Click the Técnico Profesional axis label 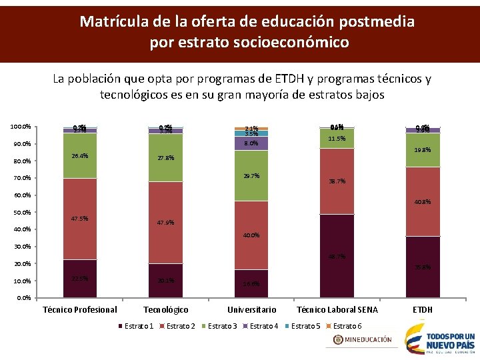point(80,309)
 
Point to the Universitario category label point(251,309)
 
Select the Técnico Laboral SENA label point(337,309)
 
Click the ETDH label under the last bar point(423,309)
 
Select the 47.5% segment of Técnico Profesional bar point(80,219)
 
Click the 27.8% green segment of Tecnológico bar point(165,158)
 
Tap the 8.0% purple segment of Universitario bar point(251,143)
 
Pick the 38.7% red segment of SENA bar point(337,181)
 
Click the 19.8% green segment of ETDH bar point(422,151)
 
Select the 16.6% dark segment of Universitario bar point(251,283)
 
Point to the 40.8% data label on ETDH point(423,202)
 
